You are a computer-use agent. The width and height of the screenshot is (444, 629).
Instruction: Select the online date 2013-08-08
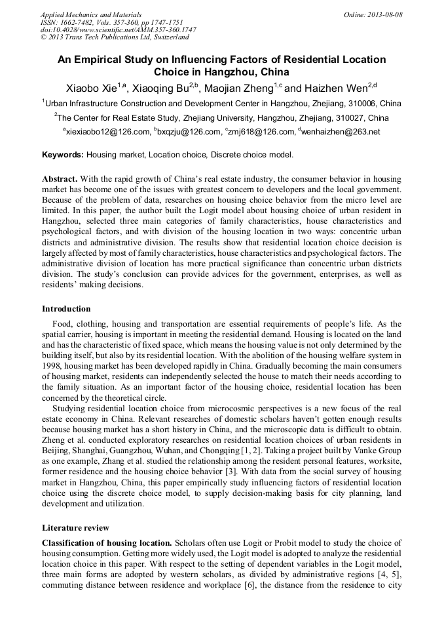tap(385, 14)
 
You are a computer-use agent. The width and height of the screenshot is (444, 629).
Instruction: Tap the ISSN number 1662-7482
tap(76, 22)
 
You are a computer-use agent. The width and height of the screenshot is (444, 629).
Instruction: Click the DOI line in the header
tap(118, 30)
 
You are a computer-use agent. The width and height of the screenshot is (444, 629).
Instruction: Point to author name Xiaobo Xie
tap(92, 88)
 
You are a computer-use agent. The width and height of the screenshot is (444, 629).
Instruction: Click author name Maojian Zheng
tap(238, 88)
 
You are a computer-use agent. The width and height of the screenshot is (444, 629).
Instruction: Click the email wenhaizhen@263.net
tap(341, 132)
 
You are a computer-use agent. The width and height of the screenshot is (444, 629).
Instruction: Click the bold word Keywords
tap(63, 155)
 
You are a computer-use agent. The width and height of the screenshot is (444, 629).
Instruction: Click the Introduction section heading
tap(66, 308)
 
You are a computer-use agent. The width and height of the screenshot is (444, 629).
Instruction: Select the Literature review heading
tap(75, 527)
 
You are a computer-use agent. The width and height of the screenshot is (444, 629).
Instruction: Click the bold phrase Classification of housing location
tap(107, 543)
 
